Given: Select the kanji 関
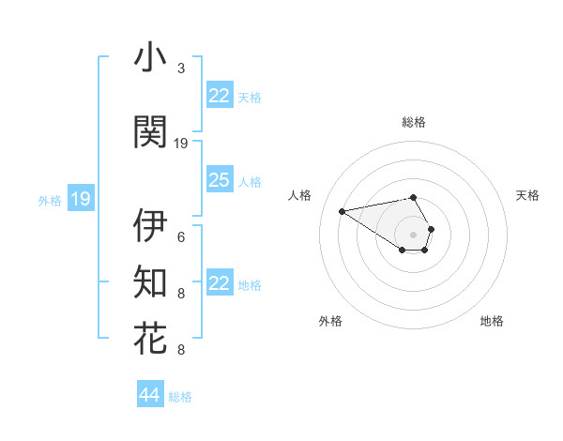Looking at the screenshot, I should click(x=150, y=131).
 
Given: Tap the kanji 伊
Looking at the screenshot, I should click(x=150, y=225).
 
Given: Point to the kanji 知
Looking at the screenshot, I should click(x=150, y=281).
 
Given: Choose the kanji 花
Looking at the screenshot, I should click(x=150, y=338).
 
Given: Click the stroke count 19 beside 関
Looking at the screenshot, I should click(x=181, y=144).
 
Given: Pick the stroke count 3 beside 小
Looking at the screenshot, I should click(x=181, y=69).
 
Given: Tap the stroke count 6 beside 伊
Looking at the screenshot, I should click(x=181, y=237).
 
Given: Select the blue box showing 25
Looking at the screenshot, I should click(x=220, y=180).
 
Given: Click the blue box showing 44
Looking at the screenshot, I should click(x=150, y=395).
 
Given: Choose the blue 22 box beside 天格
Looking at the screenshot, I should click(x=220, y=96).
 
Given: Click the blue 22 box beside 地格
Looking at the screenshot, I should click(x=220, y=283).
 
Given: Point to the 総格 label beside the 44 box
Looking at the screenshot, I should click(x=180, y=397).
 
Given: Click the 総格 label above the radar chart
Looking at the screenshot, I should click(x=414, y=122).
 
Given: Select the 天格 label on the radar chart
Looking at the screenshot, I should click(x=528, y=195).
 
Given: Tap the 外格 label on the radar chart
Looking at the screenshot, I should click(x=330, y=321).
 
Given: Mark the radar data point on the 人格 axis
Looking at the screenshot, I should click(x=342, y=210).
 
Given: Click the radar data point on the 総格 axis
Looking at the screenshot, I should click(x=414, y=198).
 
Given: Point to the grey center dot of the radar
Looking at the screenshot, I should click(x=414, y=234).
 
